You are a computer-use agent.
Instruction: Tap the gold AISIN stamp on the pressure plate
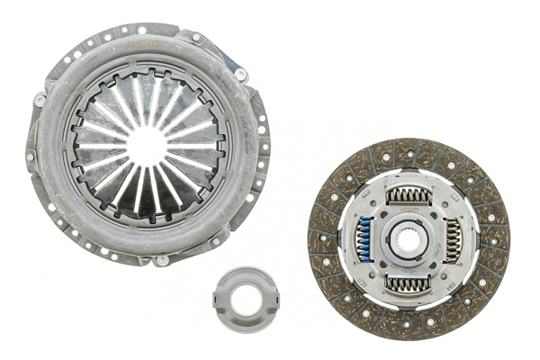click(144, 40)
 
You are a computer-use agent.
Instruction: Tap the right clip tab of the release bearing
click(261, 296)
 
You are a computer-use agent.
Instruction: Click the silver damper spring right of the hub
click(452, 240)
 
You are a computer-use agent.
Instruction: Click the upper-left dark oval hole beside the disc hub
click(383, 216)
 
